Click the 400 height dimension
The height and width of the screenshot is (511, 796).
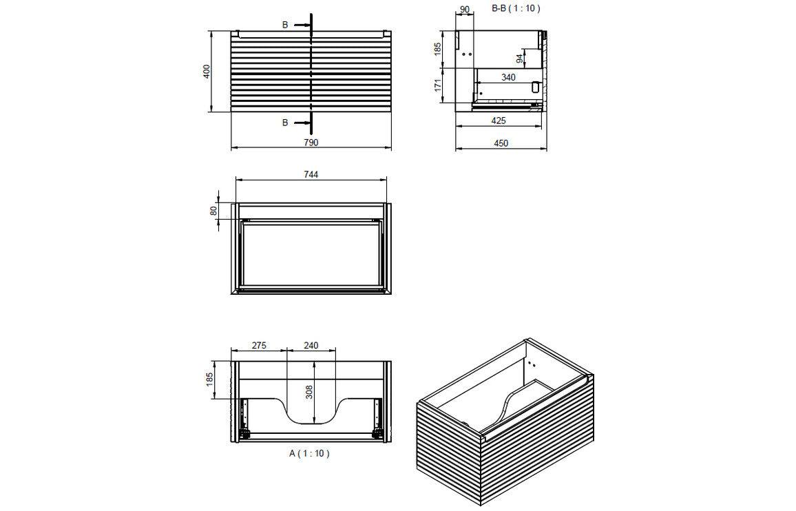[x=206, y=72]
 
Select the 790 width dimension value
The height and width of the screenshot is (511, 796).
[x=311, y=143]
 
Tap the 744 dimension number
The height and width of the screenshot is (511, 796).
[x=311, y=174]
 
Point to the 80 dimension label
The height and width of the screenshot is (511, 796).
[x=213, y=210]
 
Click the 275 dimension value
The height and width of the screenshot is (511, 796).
[x=258, y=345]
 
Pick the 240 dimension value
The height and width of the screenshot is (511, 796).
[x=311, y=345]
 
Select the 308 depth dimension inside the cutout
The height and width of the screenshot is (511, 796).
[x=310, y=392]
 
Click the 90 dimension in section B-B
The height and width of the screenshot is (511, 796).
[x=464, y=9]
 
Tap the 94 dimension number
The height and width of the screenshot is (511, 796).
[x=520, y=59]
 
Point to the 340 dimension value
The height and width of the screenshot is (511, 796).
[x=507, y=77]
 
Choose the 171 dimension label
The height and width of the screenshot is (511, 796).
[x=438, y=86]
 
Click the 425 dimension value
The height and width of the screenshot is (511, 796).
[x=499, y=121]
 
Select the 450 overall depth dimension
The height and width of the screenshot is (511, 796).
[x=501, y=143]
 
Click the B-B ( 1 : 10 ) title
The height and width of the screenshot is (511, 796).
[x=516, y=8]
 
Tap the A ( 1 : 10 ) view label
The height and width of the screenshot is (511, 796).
[x=309, y=453]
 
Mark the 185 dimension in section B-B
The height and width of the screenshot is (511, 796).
[x=438, y=50]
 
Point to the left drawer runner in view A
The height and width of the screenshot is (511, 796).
[x=243, y=417]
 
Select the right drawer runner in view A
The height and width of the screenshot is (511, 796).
[x=377, y=417]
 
